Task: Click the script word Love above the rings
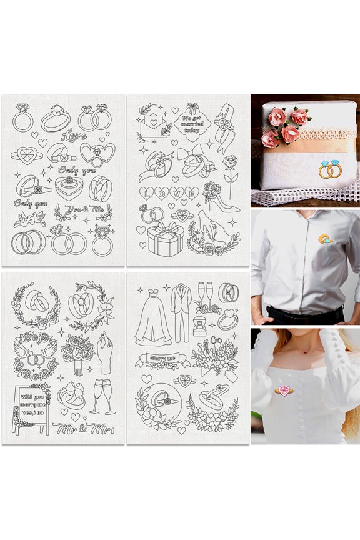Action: pyautogui.click(x=74, y=134)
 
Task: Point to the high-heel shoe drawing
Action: pyautogui.click(x=224, y=198)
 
